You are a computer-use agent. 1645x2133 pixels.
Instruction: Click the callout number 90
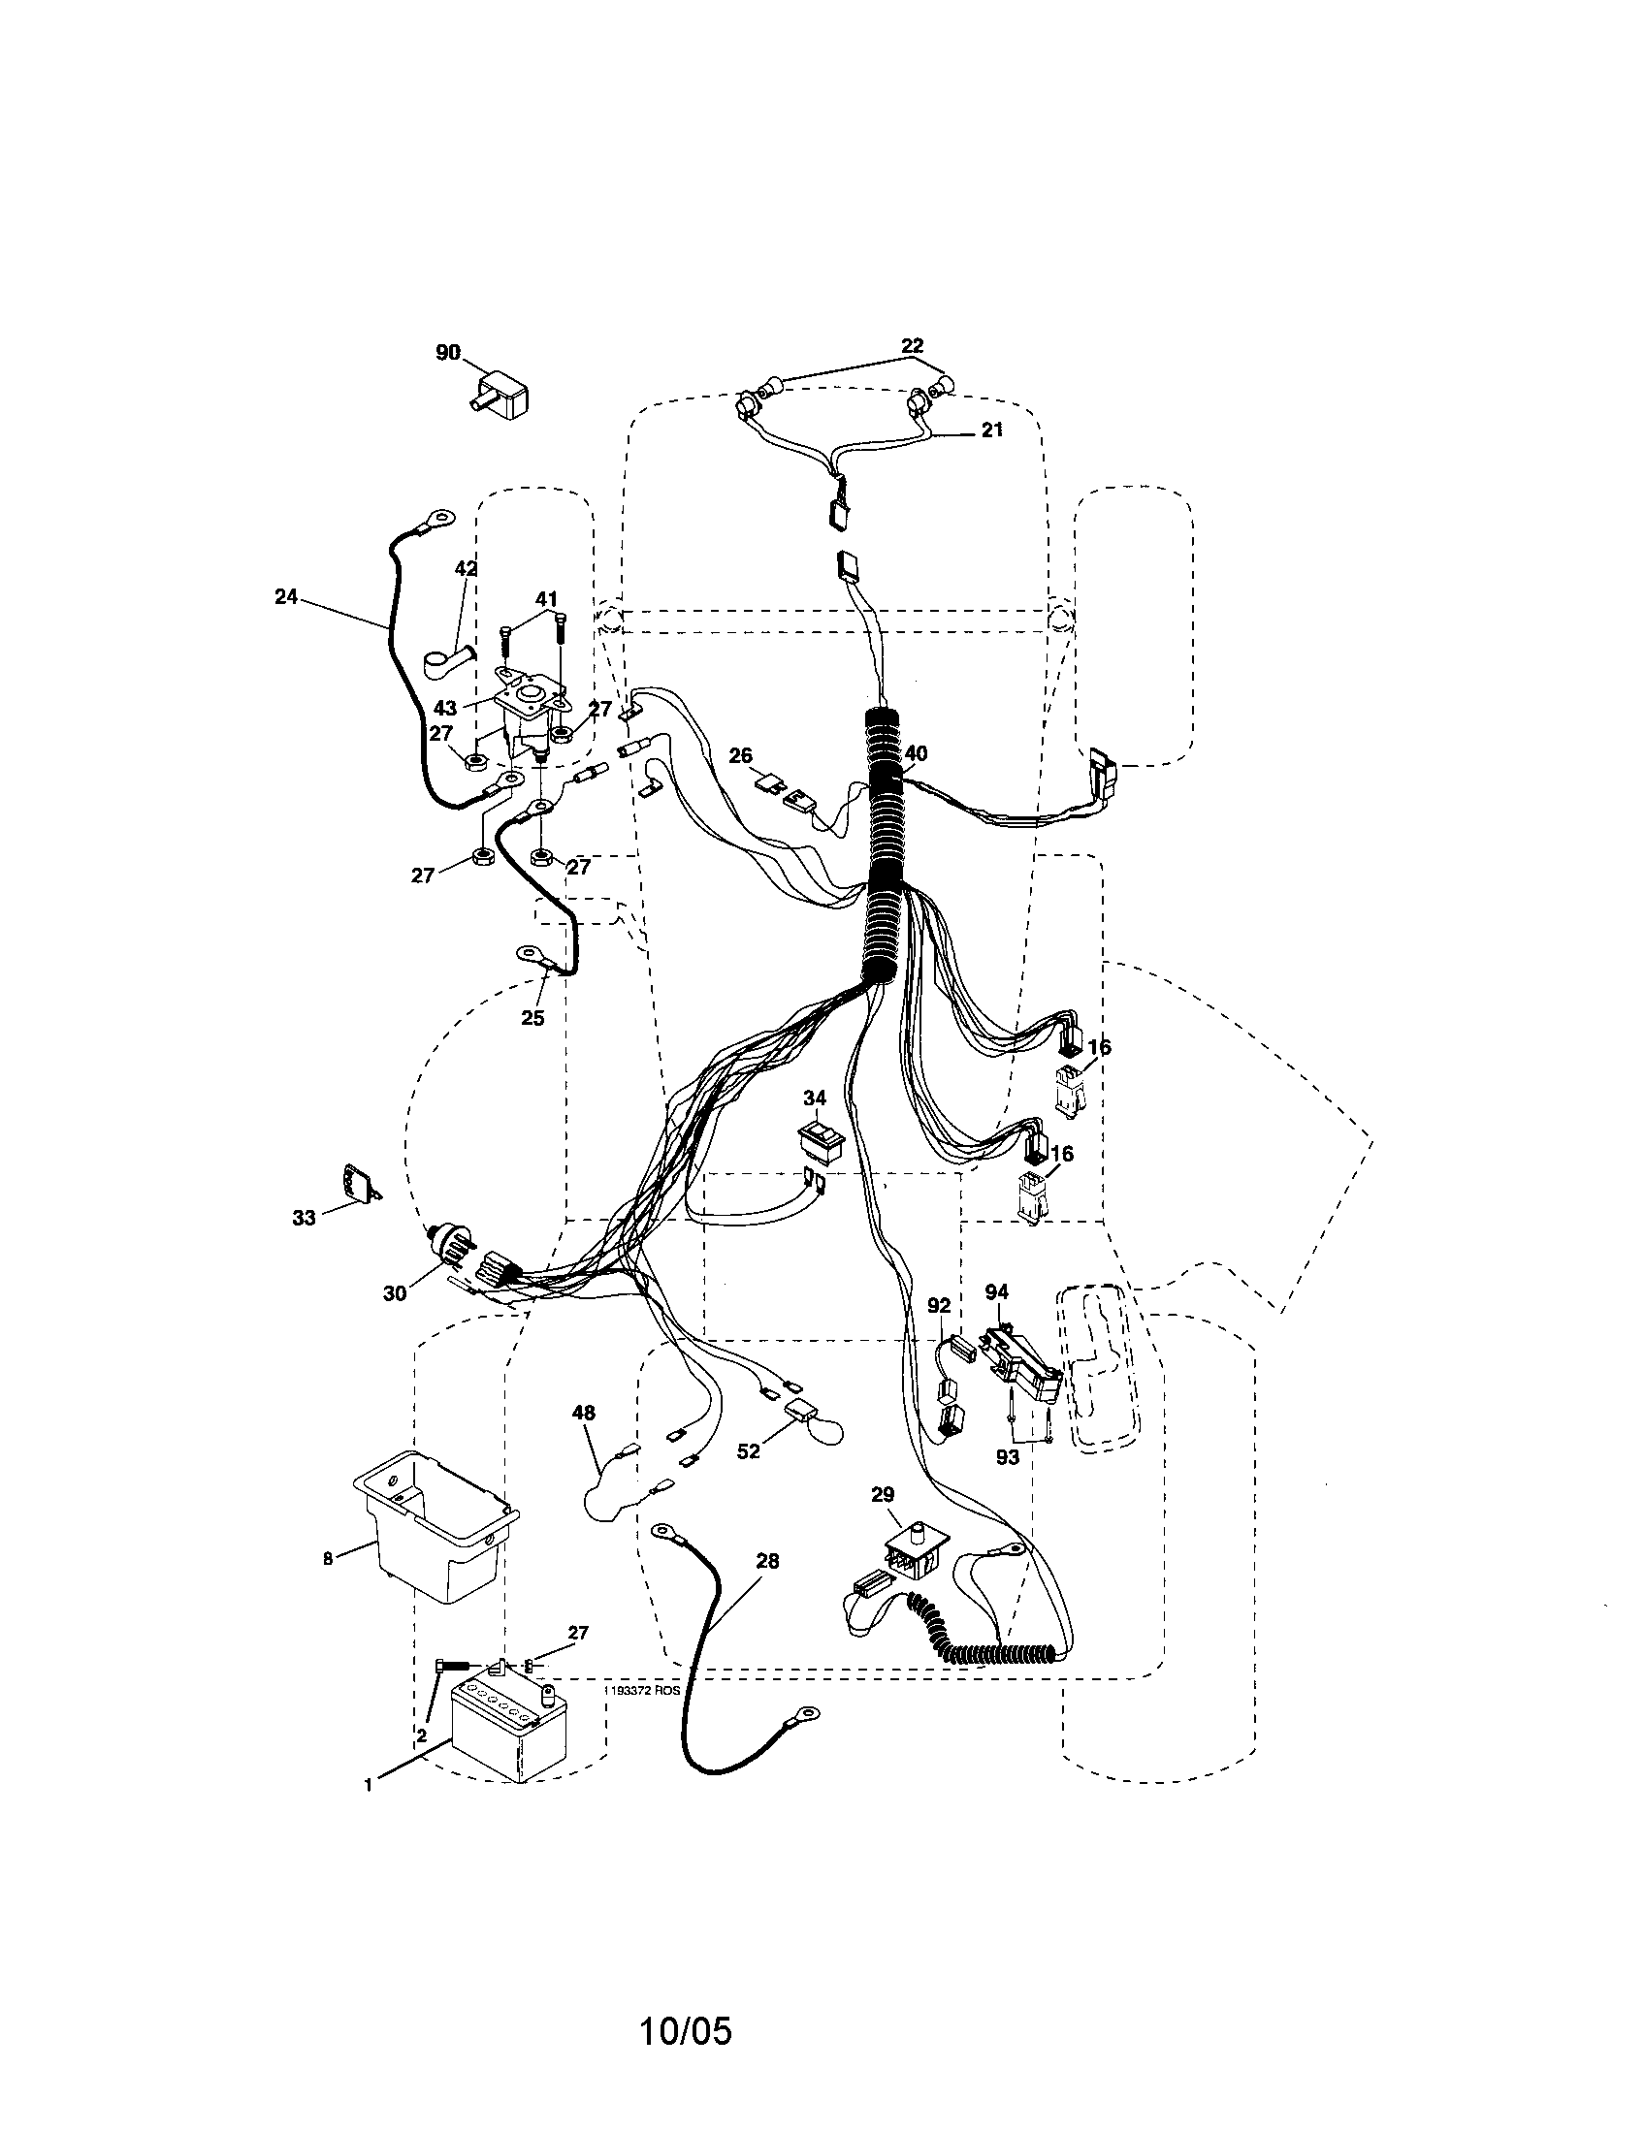click(x=448, y=353)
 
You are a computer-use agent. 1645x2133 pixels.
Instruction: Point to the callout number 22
click(x=912, y=346)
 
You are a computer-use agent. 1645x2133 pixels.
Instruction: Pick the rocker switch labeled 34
click(x=819, y=1139)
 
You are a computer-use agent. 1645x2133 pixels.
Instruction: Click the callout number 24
click(x=285, y=595)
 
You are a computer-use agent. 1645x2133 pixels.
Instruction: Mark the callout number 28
click(x=768, y=1561)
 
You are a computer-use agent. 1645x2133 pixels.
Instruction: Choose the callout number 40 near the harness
click(x=916, y=753)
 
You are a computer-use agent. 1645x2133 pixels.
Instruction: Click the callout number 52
click(x=748, y=1479)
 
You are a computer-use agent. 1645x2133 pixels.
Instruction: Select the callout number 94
click(x=996, y=1292)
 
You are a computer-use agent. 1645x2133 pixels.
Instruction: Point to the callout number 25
click(x=532, y=1018)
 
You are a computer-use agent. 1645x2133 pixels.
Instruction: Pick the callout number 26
click(x=740, y=756)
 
